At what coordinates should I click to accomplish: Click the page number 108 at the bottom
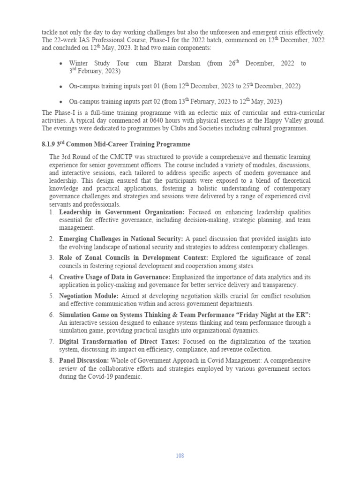tap(180, 456)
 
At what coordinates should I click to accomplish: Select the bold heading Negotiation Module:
tap(89, 296)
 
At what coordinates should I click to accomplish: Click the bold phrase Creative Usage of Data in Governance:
tap(115, 277)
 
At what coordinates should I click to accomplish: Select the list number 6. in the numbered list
tap(52, 315)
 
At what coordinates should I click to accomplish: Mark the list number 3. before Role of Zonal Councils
tap(52, 258)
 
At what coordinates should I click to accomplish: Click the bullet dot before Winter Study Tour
tap(61, 64)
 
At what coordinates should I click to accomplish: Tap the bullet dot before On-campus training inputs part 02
tap(61, 102)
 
